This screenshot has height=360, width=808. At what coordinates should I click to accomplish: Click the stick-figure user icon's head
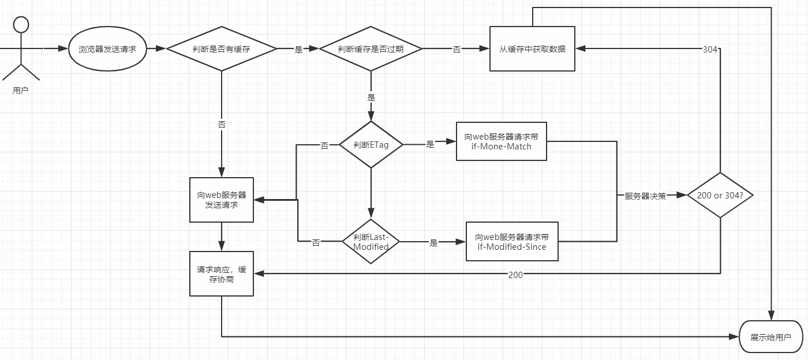pyautogui.click(x=21, y=25)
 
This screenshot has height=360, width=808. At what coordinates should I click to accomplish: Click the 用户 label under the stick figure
pyautogui.click(x=21, y=91)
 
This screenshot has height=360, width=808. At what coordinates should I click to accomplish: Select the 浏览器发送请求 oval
pyautogui.click(x=107, y=50)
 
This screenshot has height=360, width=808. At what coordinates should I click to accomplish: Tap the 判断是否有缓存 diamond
pyautogui.click(x=222, y=49)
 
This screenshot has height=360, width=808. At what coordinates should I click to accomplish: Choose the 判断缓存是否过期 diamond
pyautogui.click(x=371, y=49)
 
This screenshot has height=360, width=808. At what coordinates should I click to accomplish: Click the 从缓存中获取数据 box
pyautogui.click(x=532, y=49)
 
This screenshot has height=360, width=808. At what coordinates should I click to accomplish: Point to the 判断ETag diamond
pyautogui.click(x=371, y=145)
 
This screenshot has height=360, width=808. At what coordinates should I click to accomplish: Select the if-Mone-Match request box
pyautogui.click(x=501, y=141)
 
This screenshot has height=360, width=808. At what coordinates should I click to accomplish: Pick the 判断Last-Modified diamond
pyautogui.click(x=371, y=242)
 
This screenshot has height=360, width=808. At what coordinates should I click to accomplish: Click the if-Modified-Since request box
pyautogui.click(x=512, y=242)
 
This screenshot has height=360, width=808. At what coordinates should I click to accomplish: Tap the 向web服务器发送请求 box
pyautogui.click(x=222, y=200)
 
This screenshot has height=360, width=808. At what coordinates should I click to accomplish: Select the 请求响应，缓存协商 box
pyautogui.click(x=222, y=273)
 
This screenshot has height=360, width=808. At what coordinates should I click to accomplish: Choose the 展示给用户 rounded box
pyautogui.click(x=770, y=337)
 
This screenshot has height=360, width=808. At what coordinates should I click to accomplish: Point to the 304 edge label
pyautogui.click(x=710, y=50)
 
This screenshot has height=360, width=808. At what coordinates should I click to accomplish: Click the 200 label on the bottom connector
pyautogui.click(x=515, y=275)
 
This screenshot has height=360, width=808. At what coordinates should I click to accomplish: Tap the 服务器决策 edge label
pyautogui.click(x=645, y=196)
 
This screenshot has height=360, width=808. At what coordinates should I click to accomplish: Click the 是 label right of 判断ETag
pyautogui.click(x=430, y=145)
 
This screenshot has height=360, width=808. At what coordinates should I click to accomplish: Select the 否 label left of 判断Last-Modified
pyautogui.click(x=316, y=243)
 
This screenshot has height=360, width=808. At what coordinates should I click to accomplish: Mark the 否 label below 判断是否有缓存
pyautogui.click(x=222, y=125)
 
